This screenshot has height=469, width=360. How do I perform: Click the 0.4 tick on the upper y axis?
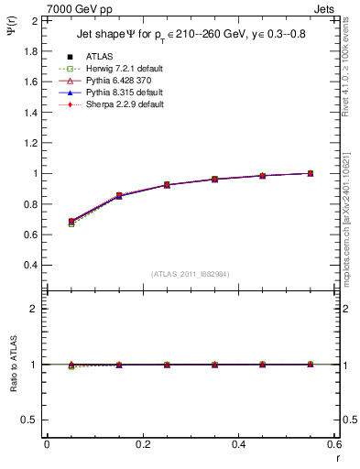coord(30,265)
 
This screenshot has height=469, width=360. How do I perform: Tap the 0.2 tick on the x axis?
coord(143,444)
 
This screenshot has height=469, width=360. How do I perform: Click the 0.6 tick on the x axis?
coord(334,444)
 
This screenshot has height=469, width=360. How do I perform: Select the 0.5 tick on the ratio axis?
coord(30,420)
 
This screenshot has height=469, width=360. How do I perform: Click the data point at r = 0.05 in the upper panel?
coord(47,222)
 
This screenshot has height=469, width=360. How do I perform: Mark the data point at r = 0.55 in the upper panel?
coord(311,173)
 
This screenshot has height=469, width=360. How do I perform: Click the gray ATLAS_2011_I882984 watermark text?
coord(191,274)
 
